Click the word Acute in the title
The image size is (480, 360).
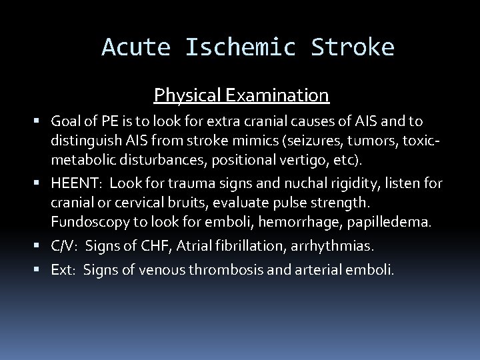click(137, 47)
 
